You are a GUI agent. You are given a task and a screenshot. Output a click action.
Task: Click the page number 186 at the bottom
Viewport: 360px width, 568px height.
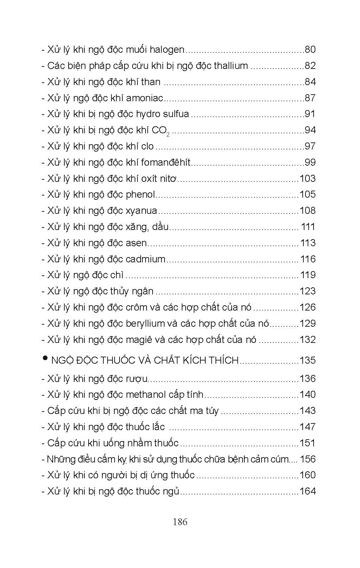click(x=180, y=522)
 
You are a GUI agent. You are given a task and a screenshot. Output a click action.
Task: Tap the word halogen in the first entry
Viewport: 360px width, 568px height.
click(x=167, y=50)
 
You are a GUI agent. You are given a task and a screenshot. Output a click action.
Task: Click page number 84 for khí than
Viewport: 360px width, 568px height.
click(x=310, y=82)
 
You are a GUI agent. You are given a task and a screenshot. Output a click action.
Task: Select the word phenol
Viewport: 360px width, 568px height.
click(x=140, y=194)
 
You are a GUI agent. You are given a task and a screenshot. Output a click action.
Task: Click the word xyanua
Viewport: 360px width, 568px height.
click(x=141, y=211)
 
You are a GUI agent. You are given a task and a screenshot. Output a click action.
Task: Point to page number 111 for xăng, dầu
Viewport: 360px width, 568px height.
click(x=308, y=227)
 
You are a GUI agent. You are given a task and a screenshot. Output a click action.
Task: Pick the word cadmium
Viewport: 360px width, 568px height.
click(x=146, y=259)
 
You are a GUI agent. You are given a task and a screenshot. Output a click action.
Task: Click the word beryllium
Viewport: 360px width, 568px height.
click(x=146, y=324)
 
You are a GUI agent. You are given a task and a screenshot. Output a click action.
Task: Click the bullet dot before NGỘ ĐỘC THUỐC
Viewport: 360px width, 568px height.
click(x=45, y=358)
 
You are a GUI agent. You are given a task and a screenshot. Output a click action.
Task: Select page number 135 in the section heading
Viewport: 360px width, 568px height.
click(x=308, y=360)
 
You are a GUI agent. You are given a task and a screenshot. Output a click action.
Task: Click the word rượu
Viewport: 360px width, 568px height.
click(x=136, y=379)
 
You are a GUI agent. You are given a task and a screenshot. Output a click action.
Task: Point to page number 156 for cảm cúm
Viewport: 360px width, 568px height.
click(x=308, y=459)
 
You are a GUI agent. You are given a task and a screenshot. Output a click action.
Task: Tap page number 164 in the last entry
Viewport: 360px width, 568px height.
click(x=308, y=491)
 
